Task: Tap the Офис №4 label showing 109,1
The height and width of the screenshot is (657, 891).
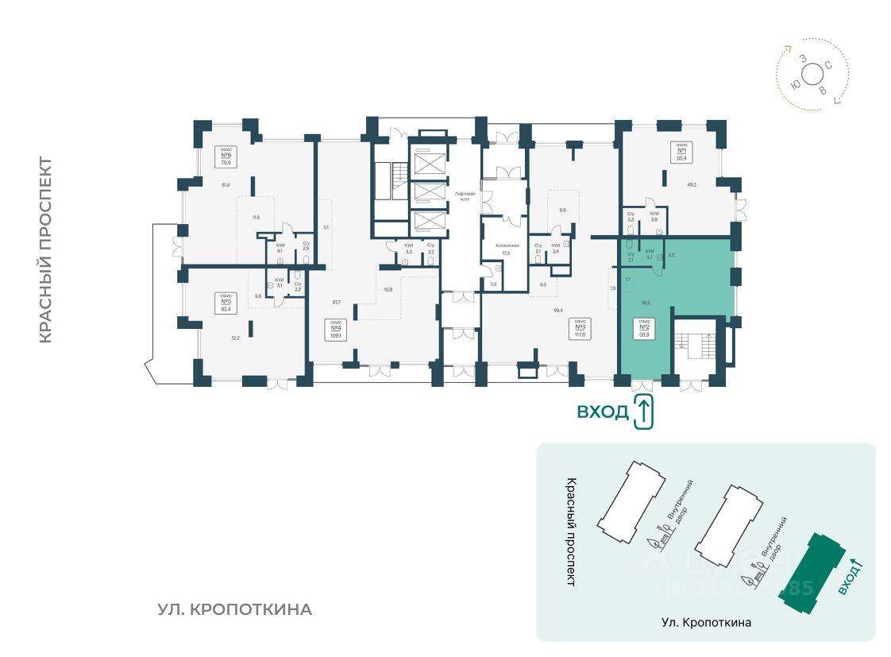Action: point(335,329)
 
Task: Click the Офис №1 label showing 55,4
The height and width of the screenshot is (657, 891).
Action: point(681,151)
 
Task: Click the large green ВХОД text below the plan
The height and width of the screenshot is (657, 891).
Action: point(603,412)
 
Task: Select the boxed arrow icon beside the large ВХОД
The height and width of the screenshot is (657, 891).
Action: point(644,412)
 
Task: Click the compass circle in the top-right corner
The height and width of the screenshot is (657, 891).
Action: point(812,75)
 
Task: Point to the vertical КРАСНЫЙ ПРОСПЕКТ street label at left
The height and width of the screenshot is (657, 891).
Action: point(45,250)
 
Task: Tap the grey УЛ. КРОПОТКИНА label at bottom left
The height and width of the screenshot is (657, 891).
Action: point(234,610)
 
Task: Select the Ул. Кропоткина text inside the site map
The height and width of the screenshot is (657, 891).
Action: point(706,622)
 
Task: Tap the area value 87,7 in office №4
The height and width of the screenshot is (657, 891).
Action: point(335,302)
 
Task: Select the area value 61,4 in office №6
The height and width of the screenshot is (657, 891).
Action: point(226,185)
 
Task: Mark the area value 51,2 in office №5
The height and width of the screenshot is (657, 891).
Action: point(236,338)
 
